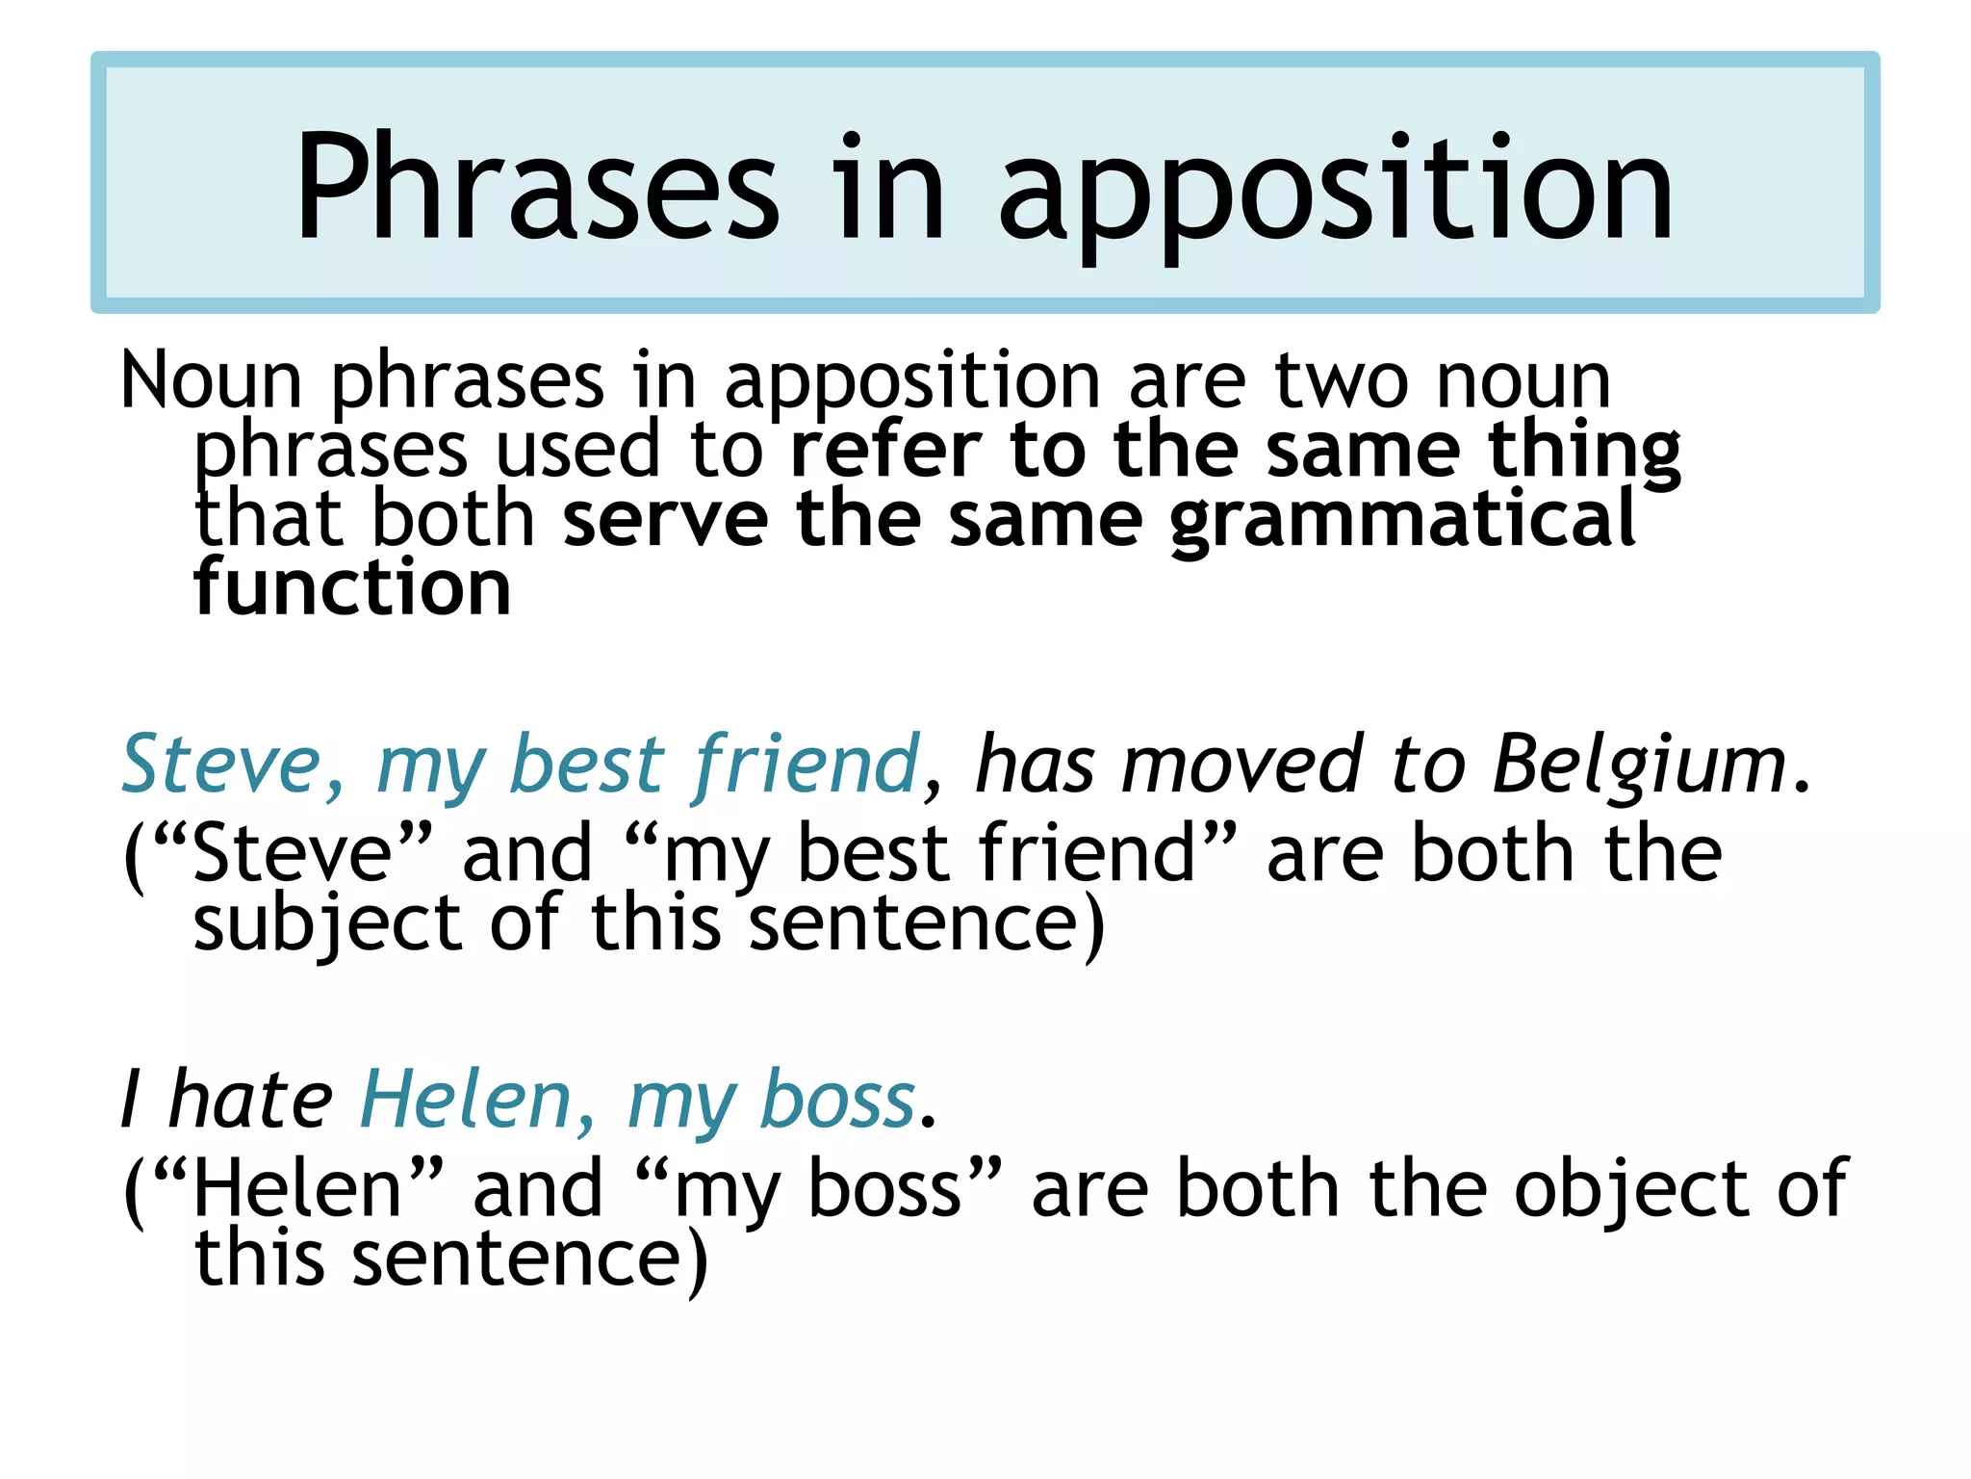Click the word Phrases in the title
[537, 187]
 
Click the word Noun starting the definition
[212, 381]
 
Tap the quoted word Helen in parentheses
[296, 1190]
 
